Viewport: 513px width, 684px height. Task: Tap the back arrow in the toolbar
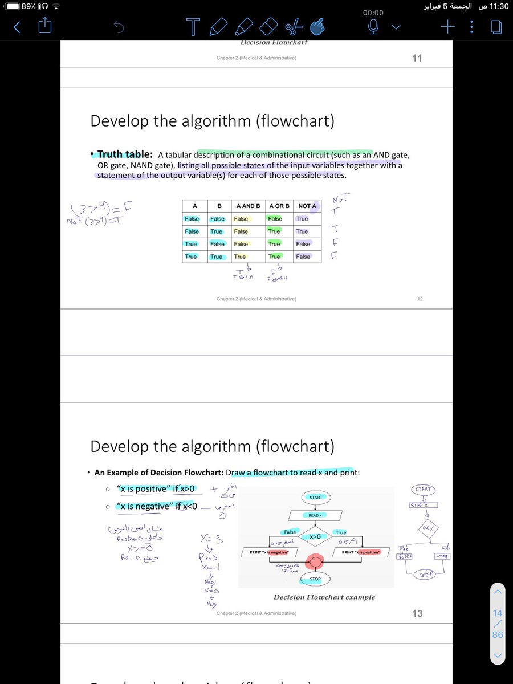pos(17,27)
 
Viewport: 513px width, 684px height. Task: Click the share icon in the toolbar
pos(45,26)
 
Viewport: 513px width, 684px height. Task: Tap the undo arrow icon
pos(119,27)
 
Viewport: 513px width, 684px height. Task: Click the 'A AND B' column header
pos(248,206)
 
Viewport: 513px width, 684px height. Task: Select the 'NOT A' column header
pos(307,206)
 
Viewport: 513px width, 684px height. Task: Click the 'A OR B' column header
pos(279,206)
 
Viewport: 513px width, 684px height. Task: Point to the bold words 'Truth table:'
pos(125,154)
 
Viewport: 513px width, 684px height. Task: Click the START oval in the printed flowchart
pos(316,497)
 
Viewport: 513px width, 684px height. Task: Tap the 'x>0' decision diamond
pos(315,536)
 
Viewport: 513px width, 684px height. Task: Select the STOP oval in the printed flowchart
pos(315,579)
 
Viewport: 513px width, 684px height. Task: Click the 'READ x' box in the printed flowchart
pos(315,515)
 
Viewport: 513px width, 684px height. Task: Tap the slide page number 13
pos(417,613)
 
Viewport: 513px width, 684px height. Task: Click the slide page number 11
pos(417,58)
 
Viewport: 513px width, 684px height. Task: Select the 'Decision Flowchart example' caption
pos(324,597)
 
